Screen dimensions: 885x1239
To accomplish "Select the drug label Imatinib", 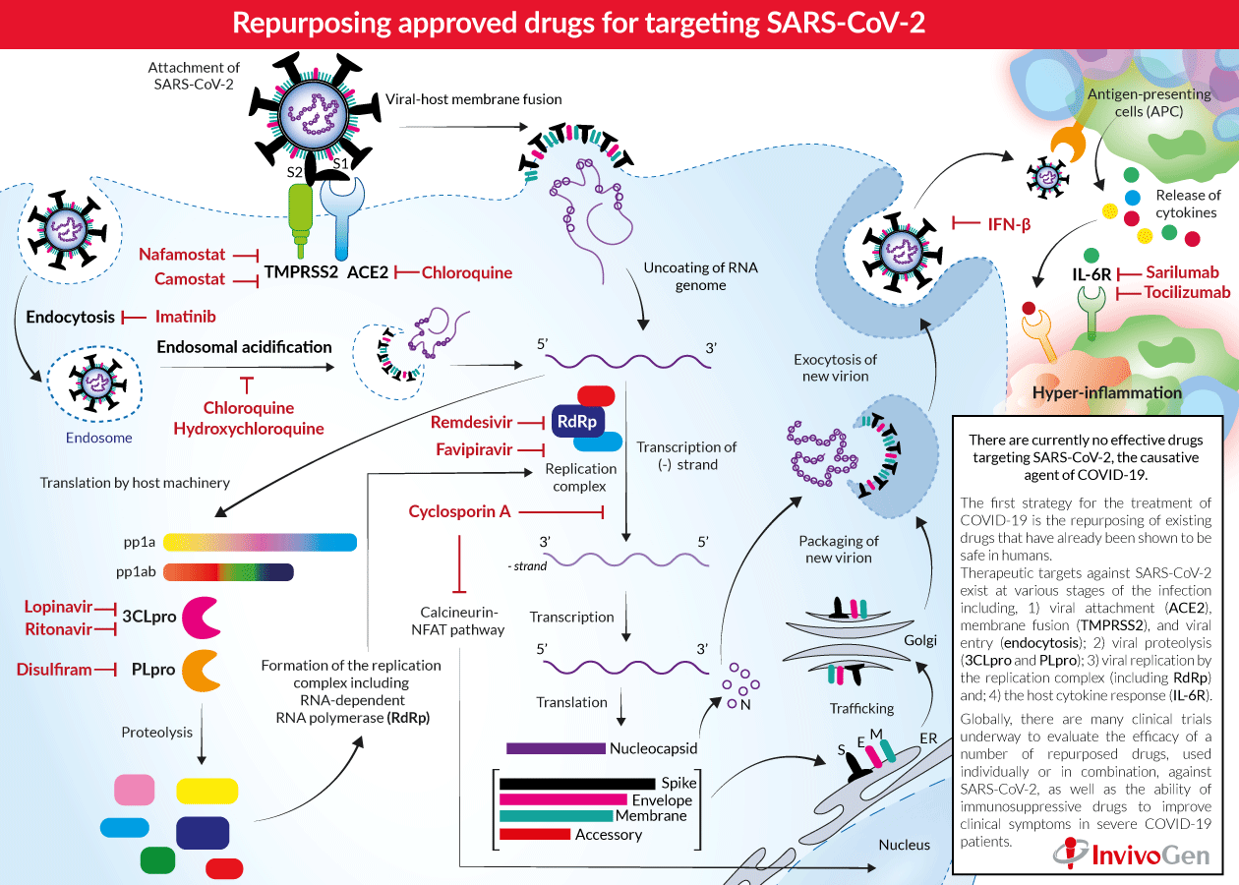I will click(186, 317).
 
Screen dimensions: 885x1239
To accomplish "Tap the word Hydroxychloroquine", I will click(248, 429).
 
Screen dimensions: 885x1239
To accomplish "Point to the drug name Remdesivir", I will click(471, 422).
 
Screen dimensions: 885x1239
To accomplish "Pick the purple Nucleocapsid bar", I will click(556, 748).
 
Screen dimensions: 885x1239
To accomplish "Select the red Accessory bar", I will click(535, 834).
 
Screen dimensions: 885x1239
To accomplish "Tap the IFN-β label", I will click(1009, 224).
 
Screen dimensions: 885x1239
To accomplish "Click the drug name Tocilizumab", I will click(1186, 292).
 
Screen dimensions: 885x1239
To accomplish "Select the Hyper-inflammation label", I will click(1106, 392).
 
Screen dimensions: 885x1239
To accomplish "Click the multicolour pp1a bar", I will click(260, 542).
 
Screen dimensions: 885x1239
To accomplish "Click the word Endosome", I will click(99, 439).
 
